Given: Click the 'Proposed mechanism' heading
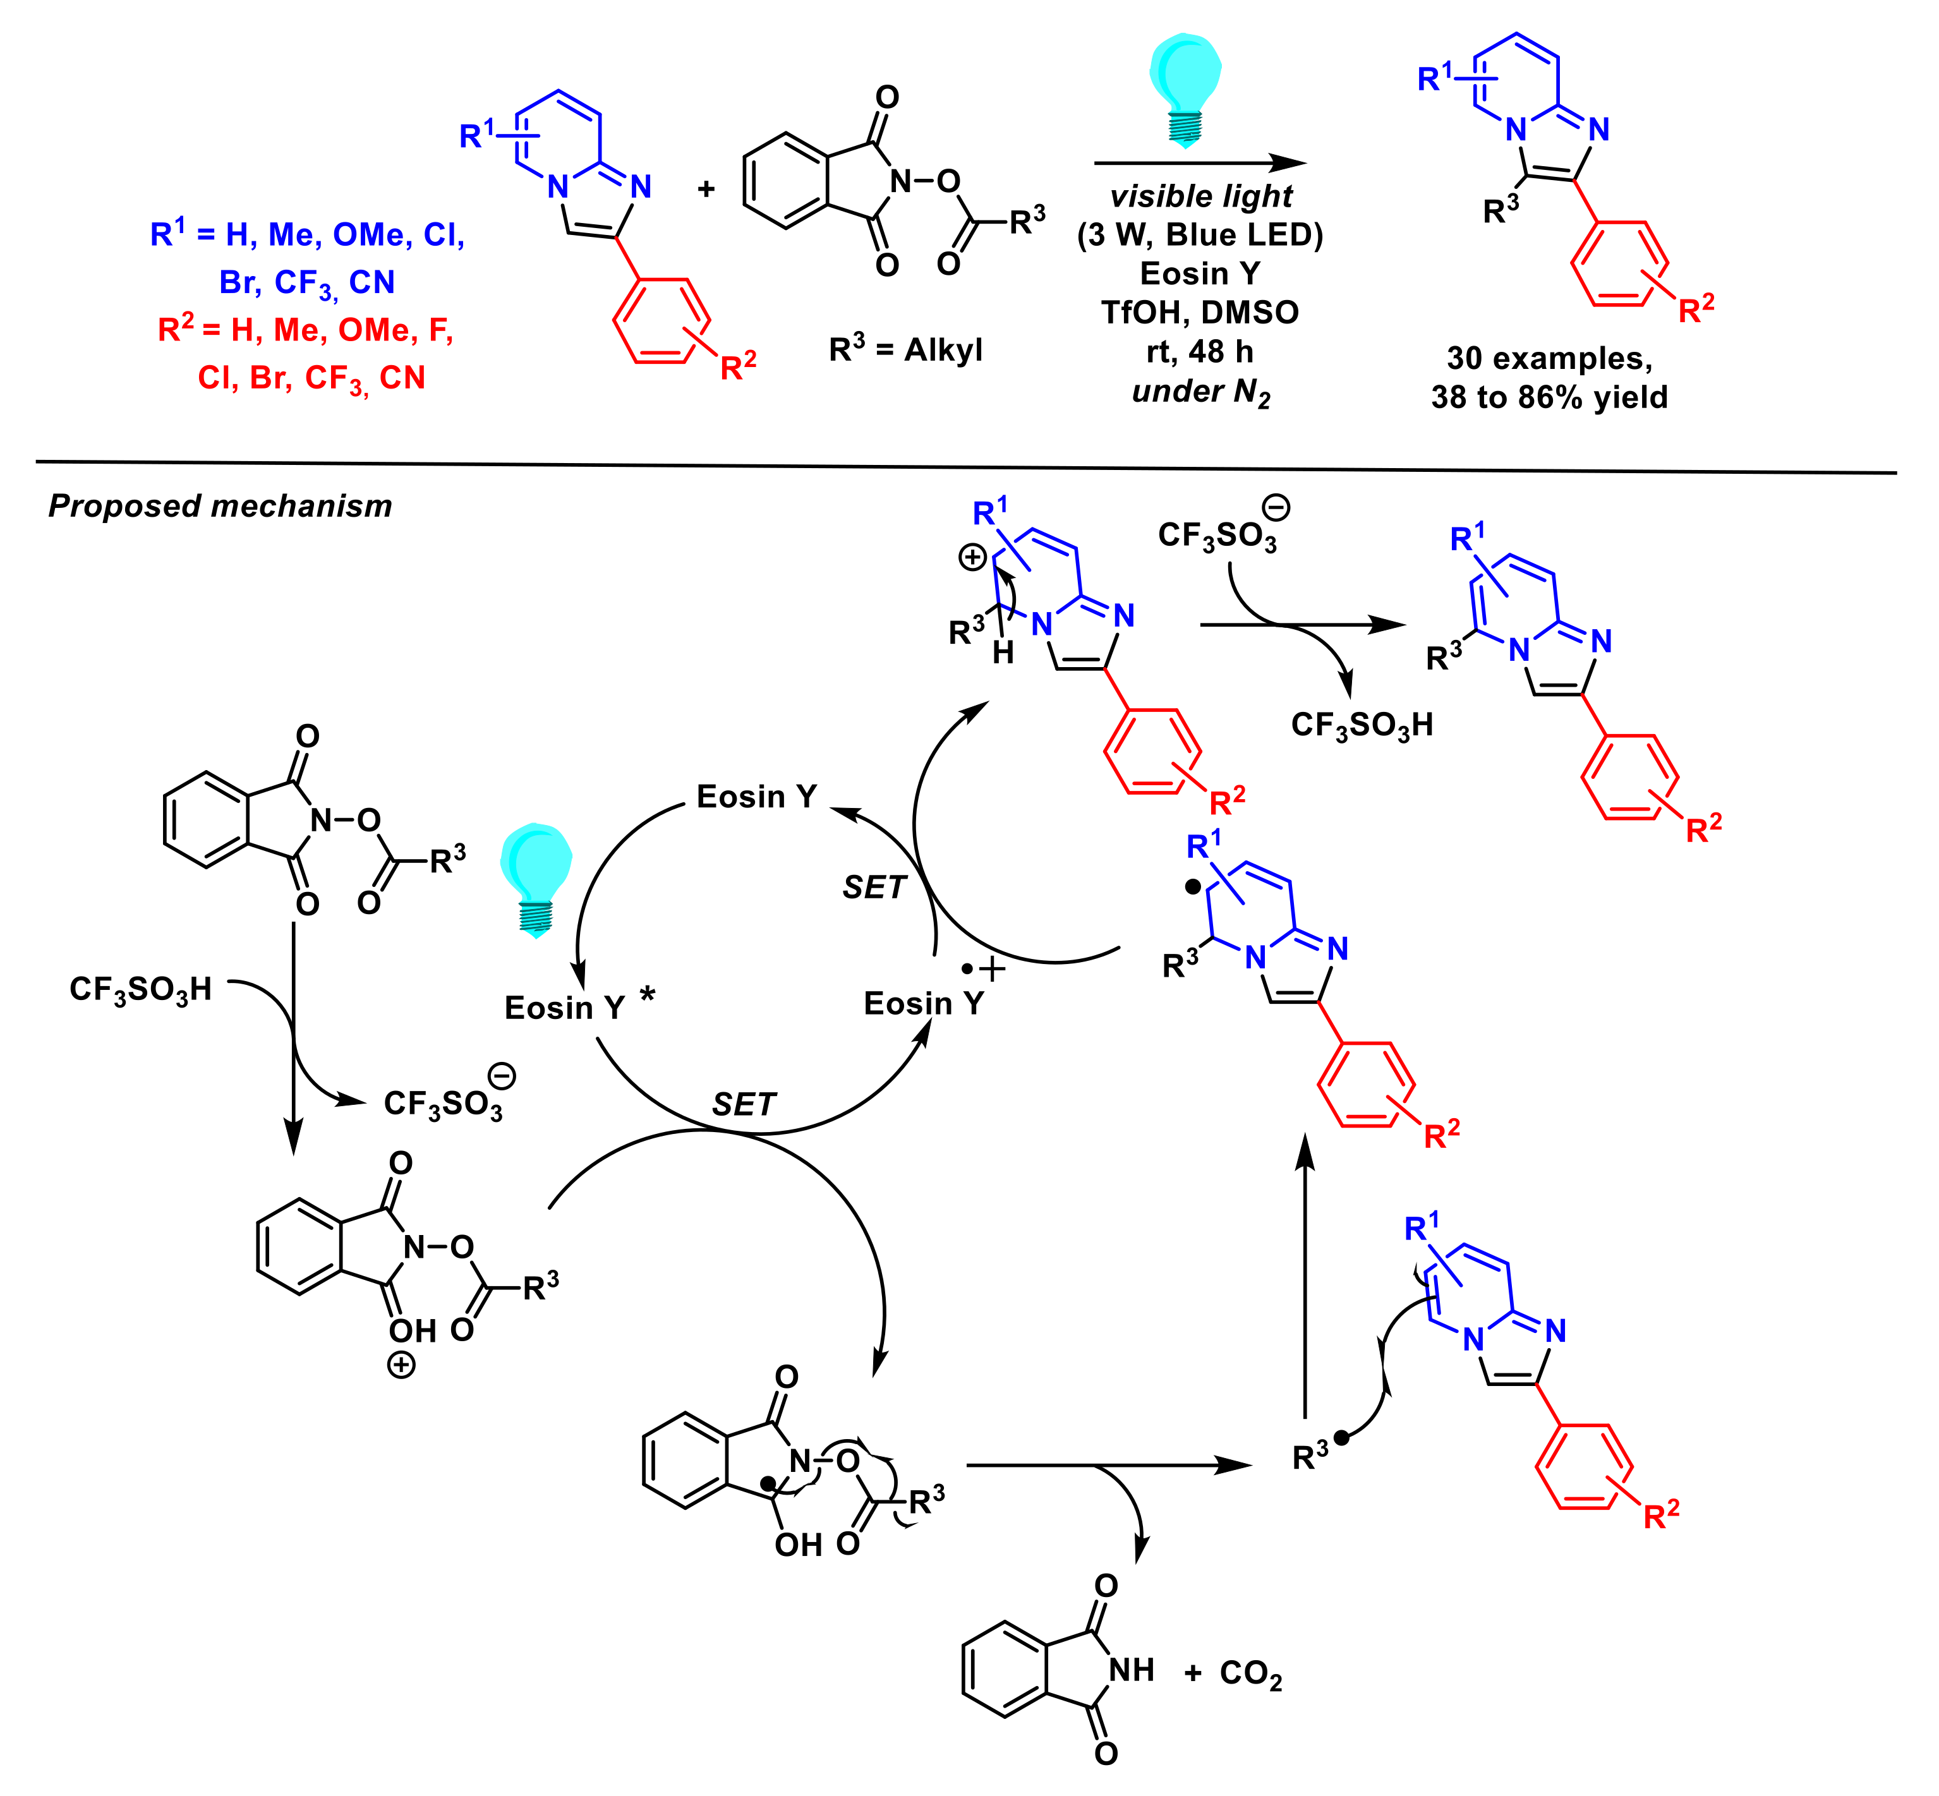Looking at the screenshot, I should (220, 507).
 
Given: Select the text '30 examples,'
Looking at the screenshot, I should (1549, 359).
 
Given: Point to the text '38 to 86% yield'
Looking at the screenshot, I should (1549, 397).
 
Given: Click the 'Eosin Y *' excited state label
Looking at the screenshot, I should (578, 1007).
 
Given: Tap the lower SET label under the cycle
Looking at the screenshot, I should (744, 1104).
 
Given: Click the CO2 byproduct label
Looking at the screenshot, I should (1251, 1673).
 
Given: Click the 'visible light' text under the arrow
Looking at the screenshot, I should (1201, 197).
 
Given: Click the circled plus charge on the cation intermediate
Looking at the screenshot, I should (973, 557).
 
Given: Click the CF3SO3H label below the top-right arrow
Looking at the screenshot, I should (1362, 725).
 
